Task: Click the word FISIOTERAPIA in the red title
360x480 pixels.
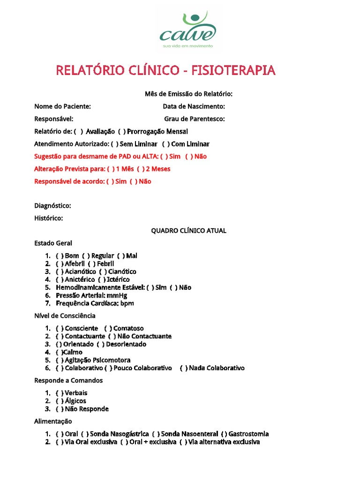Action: [x=233, y=71]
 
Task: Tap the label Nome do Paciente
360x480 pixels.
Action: [x=62, y=106]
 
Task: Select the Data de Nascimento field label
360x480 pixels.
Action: [x=194, y=106]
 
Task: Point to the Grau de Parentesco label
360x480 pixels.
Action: [x=194, y=119]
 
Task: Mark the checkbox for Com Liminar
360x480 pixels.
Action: [x=165, y=144]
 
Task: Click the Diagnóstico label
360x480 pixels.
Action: [x=52, y=206]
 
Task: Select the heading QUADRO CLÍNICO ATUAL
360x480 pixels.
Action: [x=188, y=231]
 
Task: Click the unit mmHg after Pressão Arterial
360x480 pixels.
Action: [x=117, y=295]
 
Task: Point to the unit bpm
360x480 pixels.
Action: [x=127, y=303]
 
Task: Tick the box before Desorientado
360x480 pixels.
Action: [x=100, y=344]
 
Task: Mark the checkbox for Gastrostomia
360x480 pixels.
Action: [x=224, y=434]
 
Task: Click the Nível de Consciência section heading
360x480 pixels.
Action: [x=65, y=316]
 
